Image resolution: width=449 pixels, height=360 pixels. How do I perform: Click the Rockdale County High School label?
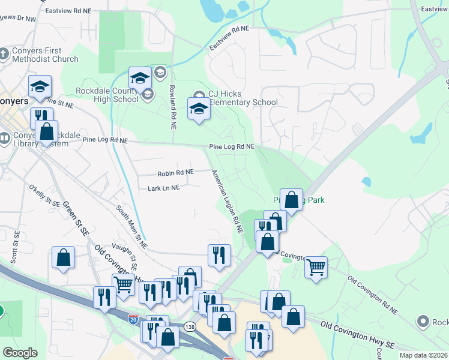107,95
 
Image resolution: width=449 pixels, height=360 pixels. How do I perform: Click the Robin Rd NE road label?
175,173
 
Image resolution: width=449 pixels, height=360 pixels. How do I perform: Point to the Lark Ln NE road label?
163,188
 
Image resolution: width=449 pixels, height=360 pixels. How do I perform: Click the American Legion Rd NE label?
227,201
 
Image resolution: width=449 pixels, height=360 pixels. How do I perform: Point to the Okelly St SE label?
44,196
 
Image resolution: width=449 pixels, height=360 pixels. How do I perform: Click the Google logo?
20,353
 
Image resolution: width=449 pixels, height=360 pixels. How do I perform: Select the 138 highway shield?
190,326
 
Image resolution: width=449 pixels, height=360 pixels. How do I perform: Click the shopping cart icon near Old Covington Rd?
316,266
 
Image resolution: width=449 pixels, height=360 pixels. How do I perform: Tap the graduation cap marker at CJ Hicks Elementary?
199,109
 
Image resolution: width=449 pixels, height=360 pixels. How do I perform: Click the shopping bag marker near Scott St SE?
63,257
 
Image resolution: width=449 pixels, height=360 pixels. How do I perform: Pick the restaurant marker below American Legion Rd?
219,255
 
